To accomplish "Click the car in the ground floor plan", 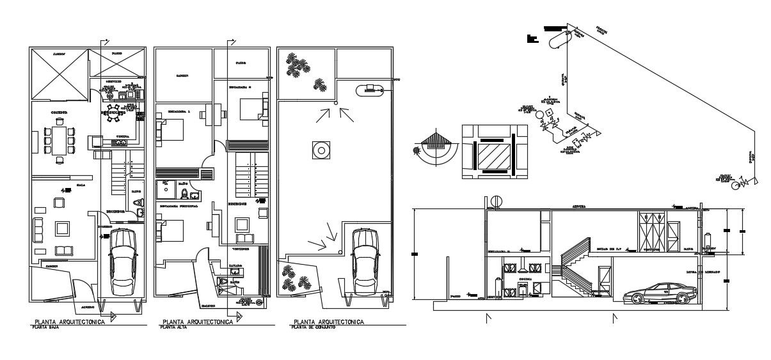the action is [123, 262].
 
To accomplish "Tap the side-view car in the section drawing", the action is [660, 293].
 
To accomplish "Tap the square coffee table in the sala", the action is [61, 228].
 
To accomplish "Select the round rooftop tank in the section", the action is [497, 201].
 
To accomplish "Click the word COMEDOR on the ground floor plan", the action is [60, 113].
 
